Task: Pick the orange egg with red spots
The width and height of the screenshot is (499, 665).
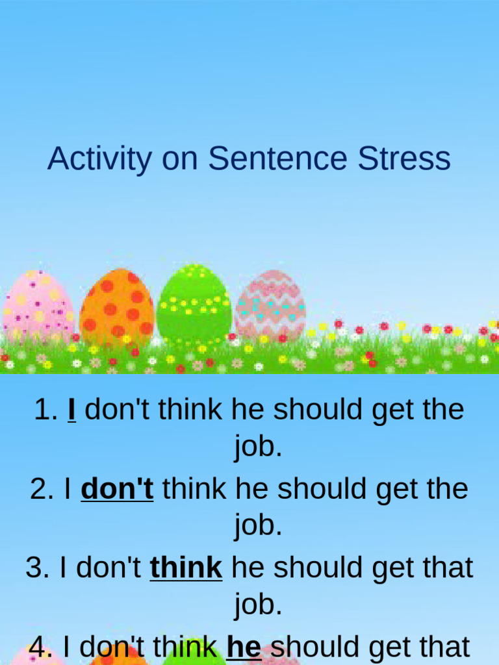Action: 117,307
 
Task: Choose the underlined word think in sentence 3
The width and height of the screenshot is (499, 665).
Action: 186,568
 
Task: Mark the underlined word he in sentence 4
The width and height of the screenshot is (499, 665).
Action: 244,647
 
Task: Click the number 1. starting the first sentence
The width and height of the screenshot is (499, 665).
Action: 46,410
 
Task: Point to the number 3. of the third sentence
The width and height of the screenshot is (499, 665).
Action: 38,568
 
